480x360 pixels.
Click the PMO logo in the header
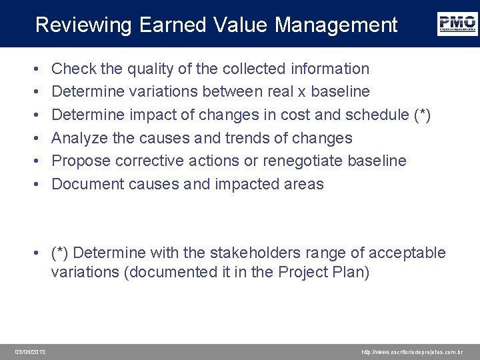point(457,23)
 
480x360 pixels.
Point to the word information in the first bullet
point(329,69)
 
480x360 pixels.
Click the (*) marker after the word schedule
point(423,115)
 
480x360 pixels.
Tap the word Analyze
point(77,138)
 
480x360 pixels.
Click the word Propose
point(79,161)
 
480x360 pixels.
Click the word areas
point(304,184)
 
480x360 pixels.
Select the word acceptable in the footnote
point(405,253)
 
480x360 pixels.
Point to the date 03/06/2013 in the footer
point(31,351)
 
